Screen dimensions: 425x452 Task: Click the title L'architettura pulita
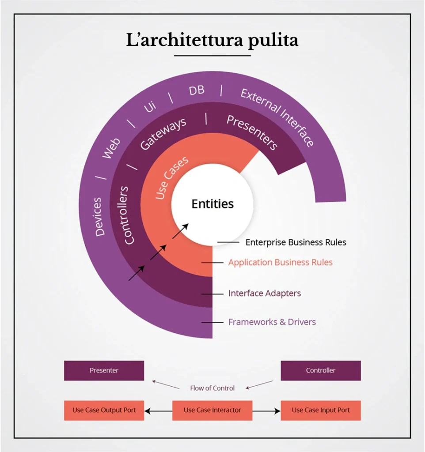[x=212, y=40]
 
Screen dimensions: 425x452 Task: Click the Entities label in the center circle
[x=212, y=204]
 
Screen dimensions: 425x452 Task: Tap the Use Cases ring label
[x=172, y=177]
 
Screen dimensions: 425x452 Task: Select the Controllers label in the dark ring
[x=126, y=215]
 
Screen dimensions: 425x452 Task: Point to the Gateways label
[x=163, y=134]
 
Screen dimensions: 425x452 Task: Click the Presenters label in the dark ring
[x=252, y=132]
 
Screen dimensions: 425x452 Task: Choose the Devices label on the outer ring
[x=99, y=217]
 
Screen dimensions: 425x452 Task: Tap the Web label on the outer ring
[x=111, y=148]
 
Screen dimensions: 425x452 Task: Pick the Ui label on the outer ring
[x=150, y=107]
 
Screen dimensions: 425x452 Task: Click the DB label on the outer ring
[x=197, y=90]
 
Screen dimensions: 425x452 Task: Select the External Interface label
[x=277, y=117]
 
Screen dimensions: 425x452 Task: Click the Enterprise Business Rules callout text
[x=296, y=242]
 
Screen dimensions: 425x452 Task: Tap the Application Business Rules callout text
[x=281, y=262]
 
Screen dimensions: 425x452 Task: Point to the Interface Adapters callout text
[x=265, y=293]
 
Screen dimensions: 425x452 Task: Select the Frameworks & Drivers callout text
[x=272, y=322]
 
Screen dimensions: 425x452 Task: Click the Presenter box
[x=104, y=370]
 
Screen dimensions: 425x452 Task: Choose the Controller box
[x=321, y=370]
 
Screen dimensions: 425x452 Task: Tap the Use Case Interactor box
[x=212, y=410]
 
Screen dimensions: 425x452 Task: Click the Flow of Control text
[x=212, y=388]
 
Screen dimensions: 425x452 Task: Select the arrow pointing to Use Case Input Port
[x=266, y=411]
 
